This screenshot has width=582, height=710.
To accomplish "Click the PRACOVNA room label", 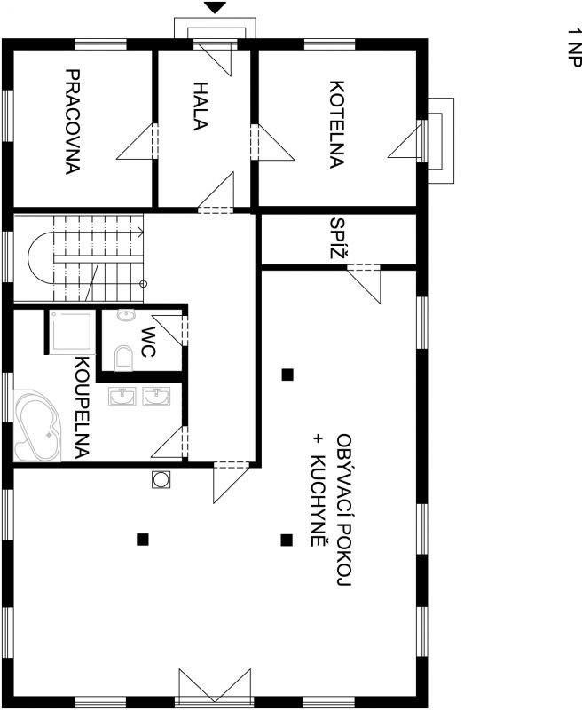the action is [x=73, y=122].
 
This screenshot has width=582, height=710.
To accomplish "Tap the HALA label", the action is [x=200, y=106].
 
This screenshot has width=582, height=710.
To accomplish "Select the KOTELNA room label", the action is [x=337, y=124].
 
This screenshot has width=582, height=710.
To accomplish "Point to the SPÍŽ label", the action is [x=339, y=238].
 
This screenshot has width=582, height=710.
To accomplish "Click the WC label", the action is [x=148, y=342].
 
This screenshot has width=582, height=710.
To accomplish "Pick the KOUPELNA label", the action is [x=82, y=407].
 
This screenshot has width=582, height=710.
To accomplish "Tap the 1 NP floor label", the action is [x=574, y=48].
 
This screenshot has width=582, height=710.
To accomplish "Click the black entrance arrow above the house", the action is [x=215, y=8].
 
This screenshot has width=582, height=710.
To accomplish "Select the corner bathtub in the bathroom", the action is [x=37, y=426].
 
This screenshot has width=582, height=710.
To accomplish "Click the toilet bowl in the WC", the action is [x=123, y=359].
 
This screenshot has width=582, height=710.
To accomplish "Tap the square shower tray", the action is [x=72, y=332].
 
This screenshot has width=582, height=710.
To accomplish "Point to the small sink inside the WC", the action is [x=126, y=315].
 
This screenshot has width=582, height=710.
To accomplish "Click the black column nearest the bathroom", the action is [x=143, y=539].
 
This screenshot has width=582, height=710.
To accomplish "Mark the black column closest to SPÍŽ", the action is [x=287, y=375].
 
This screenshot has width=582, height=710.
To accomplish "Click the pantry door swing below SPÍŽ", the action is [x=365, y=284].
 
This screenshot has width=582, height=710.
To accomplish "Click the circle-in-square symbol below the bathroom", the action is [x=161, y=479].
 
